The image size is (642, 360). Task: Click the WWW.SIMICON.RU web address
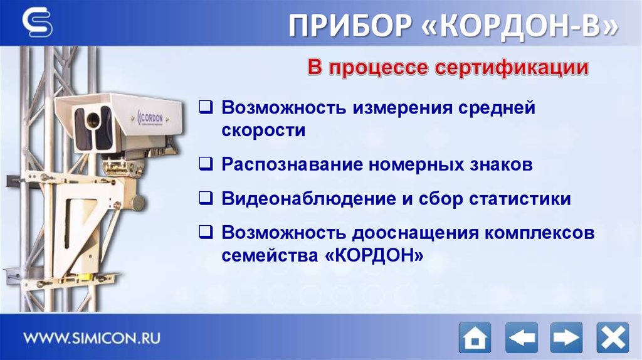pyautogui.click(x=92, y=337)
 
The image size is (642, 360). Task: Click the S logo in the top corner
pyautogui.click(x=38, y=23)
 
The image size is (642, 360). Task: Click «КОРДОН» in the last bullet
pyautogui.click(x=376, y=256)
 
